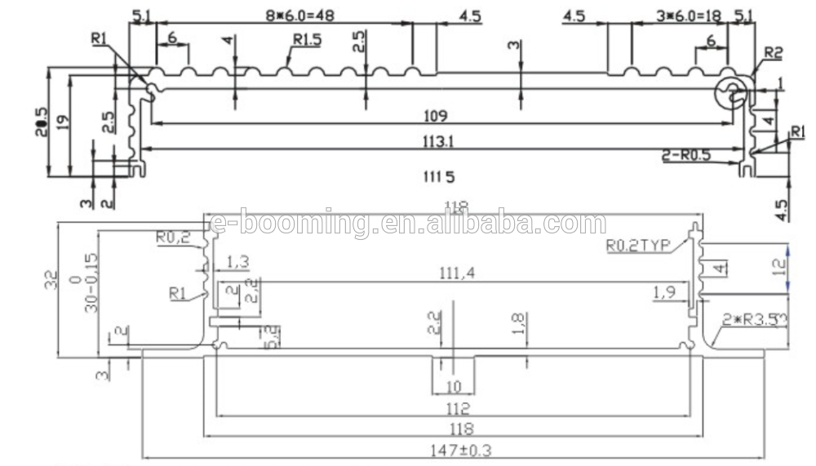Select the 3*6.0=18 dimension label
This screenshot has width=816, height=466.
[689, 15]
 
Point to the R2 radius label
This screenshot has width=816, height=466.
[773, 53]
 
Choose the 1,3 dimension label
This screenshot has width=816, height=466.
[238, 261]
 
